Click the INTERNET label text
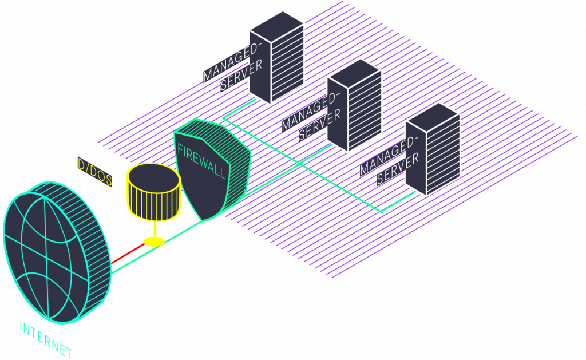pyautogui.click(x=46, y=339)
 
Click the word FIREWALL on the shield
pyautogui.click(x=202, y=162)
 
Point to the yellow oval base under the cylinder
pyautogui.click(x=153, y=242)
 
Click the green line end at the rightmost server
pyautogui.click(x=382, y=212)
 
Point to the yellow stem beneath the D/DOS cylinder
pyautogui.click(x=153, y=229)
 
